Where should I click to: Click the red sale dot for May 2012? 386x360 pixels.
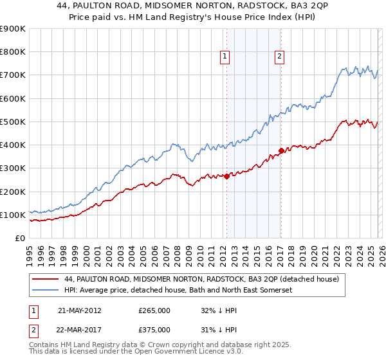[226, 177]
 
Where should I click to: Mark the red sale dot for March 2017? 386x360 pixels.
[281, 151]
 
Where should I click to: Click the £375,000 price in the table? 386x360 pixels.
[154, 329]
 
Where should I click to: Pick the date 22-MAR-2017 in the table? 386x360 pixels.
[80, 329]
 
